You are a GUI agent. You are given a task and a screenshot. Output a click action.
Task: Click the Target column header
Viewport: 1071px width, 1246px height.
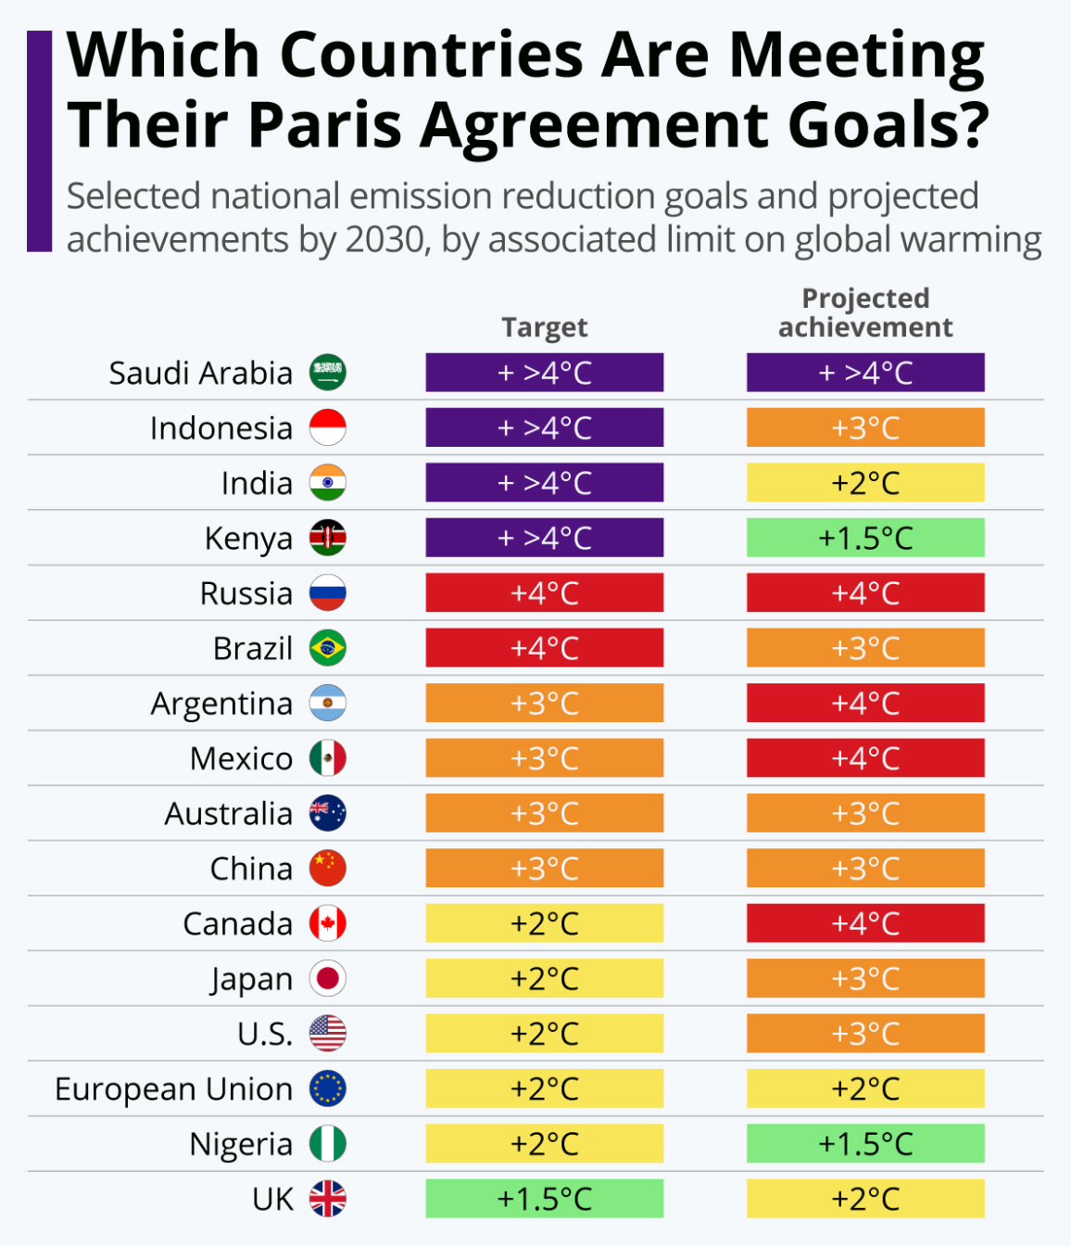tap(545, 327)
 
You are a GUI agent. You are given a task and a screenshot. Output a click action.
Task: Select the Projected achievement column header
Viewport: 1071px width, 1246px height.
tap(865, 312)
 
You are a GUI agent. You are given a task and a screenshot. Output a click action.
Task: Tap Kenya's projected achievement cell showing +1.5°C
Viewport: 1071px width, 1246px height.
tap(865, 538)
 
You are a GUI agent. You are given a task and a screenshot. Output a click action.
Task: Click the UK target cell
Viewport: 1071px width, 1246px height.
tap(545, 1199)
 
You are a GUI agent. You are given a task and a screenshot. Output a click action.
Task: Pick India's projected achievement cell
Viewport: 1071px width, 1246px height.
tap(865, 483)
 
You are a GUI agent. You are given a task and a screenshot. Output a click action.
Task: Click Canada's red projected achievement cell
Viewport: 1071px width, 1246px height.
tap(865, 923)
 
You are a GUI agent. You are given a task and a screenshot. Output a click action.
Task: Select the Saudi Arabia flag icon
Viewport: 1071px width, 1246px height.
tap(328, 373)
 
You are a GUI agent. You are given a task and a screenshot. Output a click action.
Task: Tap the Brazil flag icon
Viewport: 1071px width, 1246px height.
tap(328, 648)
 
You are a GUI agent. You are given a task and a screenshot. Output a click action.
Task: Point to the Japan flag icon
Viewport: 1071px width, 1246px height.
tap(328, 978)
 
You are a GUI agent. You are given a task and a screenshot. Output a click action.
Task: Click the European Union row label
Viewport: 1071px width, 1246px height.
tap(173, 1088)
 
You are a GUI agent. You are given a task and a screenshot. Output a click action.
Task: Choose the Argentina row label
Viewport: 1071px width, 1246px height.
tap(221, 704)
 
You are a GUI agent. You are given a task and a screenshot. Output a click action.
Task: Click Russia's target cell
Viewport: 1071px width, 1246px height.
tap(545, 593)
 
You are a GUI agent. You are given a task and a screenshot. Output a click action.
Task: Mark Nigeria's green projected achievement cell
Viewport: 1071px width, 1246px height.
tap(865, 1144)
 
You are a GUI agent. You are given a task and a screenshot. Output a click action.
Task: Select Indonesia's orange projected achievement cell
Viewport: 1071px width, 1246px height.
tap(865, 427)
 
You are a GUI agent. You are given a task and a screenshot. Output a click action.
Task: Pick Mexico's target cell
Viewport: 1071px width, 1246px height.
tap(545, 758)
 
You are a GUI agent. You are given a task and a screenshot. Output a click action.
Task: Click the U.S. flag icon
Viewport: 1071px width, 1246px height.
tap(328, 1034)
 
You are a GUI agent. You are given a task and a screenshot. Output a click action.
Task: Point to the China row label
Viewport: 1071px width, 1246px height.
tap(251, 869)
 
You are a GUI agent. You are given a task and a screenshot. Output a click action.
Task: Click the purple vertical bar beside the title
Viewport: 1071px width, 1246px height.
tap(39, 141)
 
